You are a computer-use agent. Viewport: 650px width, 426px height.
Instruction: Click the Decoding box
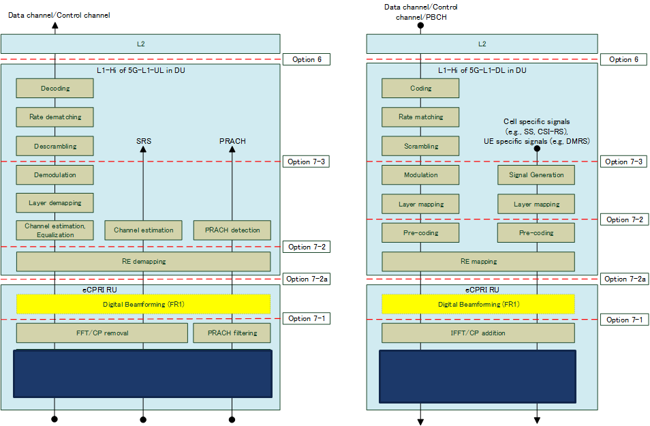[55, 89]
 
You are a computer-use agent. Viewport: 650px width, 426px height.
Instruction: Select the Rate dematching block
[55, 117]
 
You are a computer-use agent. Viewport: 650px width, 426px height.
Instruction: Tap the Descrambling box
[55, 146]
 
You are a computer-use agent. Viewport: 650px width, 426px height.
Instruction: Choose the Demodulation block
[55, 175]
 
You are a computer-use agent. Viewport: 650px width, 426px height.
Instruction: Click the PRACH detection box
[232, 230]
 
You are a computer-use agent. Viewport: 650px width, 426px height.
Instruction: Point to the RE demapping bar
[143, 261]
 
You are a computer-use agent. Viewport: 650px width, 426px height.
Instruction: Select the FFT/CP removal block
[102, 333]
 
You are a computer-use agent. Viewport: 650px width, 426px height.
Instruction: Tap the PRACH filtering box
[232, 333]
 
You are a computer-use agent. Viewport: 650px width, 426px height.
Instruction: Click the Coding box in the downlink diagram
[420, 89]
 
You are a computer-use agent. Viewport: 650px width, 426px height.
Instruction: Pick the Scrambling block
[420, 146]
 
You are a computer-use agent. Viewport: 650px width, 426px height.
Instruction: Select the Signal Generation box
[536, 175]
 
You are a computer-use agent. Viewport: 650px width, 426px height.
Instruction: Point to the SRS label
[144, 141]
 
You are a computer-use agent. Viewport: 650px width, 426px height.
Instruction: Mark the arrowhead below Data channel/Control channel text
[55, 26]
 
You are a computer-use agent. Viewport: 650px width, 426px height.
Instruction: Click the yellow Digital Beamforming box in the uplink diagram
[143, 304]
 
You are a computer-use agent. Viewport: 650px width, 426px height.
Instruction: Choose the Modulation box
[420, 175]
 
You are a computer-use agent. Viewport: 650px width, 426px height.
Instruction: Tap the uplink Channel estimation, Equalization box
[55, 230]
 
